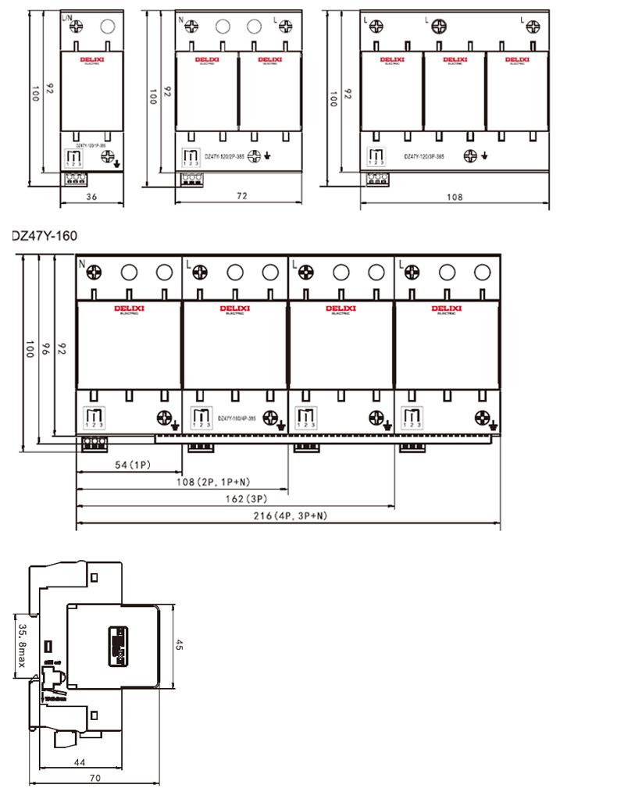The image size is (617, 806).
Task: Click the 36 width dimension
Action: [91, 198]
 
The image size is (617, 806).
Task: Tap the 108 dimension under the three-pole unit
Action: [454, 198]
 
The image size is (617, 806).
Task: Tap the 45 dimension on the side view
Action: [179, 646]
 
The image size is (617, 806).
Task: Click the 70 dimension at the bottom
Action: [95, 779]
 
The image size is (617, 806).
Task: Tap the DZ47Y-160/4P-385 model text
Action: [239, 419]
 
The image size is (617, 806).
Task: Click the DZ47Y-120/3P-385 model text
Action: [424, 157]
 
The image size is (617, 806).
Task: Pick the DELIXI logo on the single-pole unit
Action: [91, 59]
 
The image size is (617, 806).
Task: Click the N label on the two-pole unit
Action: [182, 19]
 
